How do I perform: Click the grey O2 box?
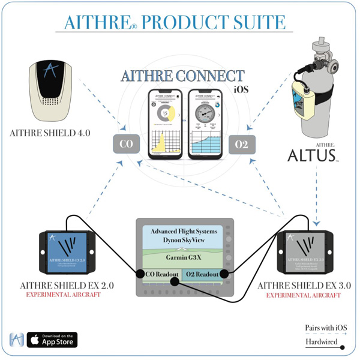[242, 145]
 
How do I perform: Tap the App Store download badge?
[52, 340]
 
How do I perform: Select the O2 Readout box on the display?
[203, 275]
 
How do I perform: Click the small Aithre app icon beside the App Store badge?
[17, 340]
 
